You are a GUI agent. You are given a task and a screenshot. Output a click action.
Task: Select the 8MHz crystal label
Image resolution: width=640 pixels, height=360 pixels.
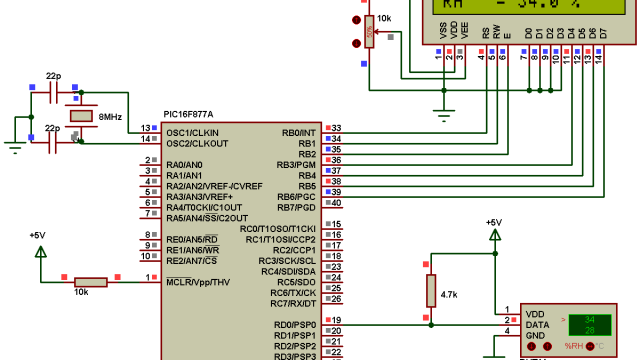tap(109, 117)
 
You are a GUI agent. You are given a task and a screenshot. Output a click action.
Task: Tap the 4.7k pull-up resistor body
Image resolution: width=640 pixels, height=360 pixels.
tap(430, 291)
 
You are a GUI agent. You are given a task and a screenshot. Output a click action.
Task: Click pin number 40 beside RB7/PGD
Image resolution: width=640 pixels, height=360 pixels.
tap(336, 203)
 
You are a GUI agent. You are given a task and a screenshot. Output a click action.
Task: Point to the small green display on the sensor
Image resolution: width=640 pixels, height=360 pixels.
tap(589, 324)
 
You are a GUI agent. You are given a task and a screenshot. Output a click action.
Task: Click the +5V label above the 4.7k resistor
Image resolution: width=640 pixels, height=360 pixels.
tap(493, 223)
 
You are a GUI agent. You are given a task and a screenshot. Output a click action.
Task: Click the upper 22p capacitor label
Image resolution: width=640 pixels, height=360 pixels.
tap(54, 76)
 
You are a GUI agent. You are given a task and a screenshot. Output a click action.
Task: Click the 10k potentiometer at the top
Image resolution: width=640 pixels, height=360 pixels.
tap(369, 31)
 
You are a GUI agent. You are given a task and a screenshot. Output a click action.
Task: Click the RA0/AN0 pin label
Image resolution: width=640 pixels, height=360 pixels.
tap(187, 164)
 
